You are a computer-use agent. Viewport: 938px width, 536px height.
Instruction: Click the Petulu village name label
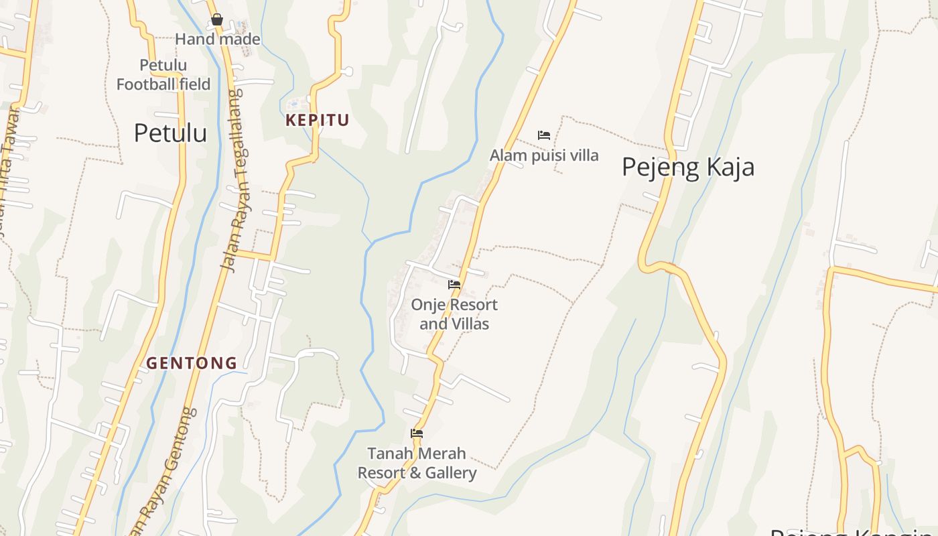pos(170,133)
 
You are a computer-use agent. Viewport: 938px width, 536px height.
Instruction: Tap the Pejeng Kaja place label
pos(687,167)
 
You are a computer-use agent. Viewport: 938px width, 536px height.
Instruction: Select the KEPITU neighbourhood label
pos(318,121)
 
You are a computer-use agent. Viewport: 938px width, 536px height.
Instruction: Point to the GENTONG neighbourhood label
pos(192,363)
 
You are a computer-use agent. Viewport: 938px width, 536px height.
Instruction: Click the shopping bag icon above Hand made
pos(216,20)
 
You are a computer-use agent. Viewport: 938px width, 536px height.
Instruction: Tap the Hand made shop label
pos(218,40)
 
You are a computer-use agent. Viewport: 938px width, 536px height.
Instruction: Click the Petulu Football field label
pos(163,74)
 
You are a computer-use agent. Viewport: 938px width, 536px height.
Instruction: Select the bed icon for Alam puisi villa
pos(544,135)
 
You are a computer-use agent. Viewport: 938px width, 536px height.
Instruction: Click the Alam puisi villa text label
pos(544,155)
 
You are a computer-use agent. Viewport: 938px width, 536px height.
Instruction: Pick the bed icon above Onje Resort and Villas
pos(454,285)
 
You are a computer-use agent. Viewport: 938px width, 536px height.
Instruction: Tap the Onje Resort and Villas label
pos(454,314)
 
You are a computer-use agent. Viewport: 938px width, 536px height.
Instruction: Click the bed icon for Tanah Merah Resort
pos(417,433)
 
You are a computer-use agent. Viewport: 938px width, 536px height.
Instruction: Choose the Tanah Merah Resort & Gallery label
pos(417,463)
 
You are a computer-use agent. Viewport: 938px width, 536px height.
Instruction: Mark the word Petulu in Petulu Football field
pos(163,65)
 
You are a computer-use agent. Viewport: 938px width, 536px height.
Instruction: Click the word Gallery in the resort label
pos(451,473)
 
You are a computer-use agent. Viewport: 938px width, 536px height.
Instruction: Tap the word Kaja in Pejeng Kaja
pos(727,167)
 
